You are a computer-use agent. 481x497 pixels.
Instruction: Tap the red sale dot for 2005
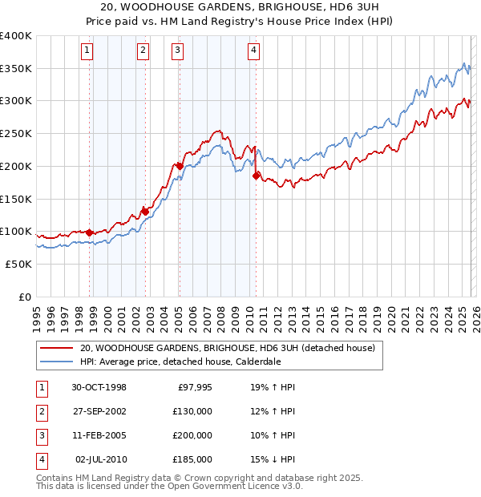179,167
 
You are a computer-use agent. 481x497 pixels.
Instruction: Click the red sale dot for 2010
256,176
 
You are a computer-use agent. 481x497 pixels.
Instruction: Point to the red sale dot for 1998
89,232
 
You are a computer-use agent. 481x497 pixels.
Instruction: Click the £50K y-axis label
18,264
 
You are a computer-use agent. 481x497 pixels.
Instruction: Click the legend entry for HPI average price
180,362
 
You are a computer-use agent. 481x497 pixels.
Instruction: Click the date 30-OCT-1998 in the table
99,387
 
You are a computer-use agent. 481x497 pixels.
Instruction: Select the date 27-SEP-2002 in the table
99,411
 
